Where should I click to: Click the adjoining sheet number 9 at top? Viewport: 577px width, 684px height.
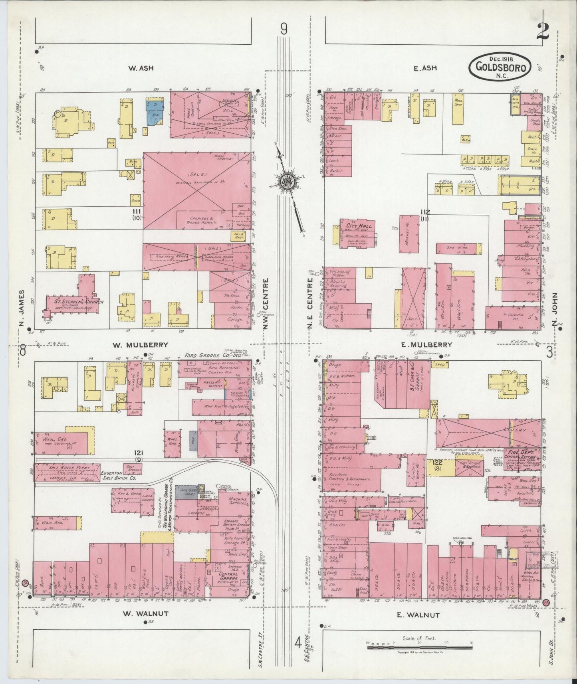(284, 29)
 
